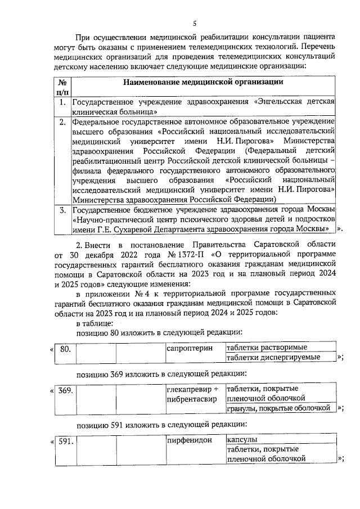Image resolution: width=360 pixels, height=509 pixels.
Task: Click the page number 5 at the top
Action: pyautogui.click(x=195, y=23)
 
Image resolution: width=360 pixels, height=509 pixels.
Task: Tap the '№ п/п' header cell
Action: pyautogui.click(x=63, y=87)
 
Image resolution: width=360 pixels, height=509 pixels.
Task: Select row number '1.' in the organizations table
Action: pyautogui.click(x=63, y=102)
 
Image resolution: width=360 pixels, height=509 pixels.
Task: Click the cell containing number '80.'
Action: pyautogui.click(x=65, y=349)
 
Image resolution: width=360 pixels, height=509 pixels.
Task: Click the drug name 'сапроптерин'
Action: pyautogui.click(x=190, y=349)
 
